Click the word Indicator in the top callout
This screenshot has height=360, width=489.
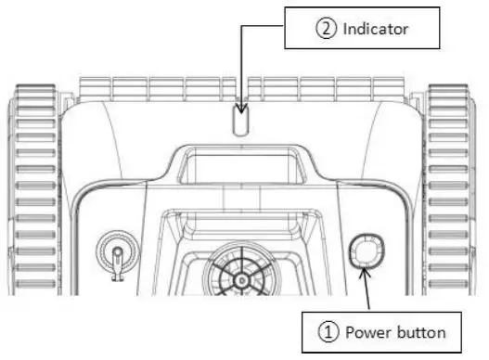click(377, 29)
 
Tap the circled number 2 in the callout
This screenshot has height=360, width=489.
click(326, 29)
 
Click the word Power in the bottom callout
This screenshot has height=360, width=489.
click(369, 330)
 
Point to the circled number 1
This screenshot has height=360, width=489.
click(327, 330)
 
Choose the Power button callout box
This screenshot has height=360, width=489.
click(379, 330)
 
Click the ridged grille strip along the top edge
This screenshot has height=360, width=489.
click(241, 88)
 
